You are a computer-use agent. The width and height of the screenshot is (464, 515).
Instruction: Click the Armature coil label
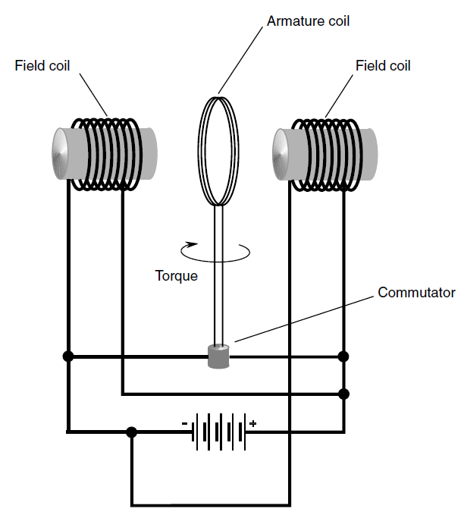pyautogui.click(x=308, y=21)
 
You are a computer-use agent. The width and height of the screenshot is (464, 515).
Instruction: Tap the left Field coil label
pyautogui.click(x=42, y=66)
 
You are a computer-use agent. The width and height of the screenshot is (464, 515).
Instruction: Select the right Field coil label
pyautogui.click(x=383, y=66)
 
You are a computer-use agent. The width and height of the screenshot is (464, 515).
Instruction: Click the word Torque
pyautogui.click(x=177, y=276)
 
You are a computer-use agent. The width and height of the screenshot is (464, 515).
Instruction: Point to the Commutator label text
pyautogui.click(x=416, y=292)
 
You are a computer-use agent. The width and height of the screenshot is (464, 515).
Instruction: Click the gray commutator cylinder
pyautogui.click(x=218, y=356)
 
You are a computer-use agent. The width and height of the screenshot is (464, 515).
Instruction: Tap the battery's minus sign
pyautogui.click(x=184, y=424)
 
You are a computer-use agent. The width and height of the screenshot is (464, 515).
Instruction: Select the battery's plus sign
pyautogui.click(x=252, y=423)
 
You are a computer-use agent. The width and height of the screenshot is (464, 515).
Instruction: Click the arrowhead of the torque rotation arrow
pyautogui.click(x=192, y=245)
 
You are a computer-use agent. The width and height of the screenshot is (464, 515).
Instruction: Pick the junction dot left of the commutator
pyautogui.click(x=68, y=356)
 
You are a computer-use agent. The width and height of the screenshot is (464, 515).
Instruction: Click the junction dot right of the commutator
pyautogui.click(x=343, y=356)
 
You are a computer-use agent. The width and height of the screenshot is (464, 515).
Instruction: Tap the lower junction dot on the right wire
pyautogui.click(x=343, y=394)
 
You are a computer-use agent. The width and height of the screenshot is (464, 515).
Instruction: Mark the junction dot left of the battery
pyautogui.click(x=131, y=432)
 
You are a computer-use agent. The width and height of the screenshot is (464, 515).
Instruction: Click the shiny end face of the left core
pyautogui.click(x=61, y=154)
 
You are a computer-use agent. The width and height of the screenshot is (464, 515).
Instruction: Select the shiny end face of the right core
pyautogui.click(x=281, y=155)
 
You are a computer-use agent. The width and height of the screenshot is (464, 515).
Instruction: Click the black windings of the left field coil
pyautogui.click(x=107, y=155)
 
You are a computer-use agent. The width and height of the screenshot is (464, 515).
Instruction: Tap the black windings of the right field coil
pyautogui.click(x=328, y=155)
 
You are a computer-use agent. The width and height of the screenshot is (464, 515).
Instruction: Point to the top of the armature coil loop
pyautogui.click(x=218, y=97)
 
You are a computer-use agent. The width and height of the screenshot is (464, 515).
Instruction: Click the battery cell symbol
pyautogui.click(x=218, y=432)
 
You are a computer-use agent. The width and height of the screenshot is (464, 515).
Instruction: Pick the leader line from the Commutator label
pyautogui.click(x=304, y=319)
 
